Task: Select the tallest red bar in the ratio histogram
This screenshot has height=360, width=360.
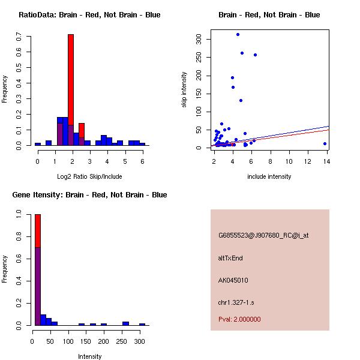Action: (x=71, y=84)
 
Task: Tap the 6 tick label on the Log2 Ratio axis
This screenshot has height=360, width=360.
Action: (x=142, y=162)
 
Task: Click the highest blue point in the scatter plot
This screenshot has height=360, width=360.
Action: (x=238, y=34)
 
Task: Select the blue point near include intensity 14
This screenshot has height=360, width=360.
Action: (x=325, y=143)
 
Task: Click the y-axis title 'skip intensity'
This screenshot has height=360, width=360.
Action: (x=185, y=89)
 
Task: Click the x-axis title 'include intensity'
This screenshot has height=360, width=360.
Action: (x=269, y=176)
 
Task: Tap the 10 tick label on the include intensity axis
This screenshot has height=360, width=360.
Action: (x=289, y=161)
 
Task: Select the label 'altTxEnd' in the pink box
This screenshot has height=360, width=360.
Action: (x=230, y=258)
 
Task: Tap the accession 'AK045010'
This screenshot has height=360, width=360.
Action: (x=233, y=280)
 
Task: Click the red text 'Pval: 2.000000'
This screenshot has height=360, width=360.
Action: (x=239, y=319)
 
